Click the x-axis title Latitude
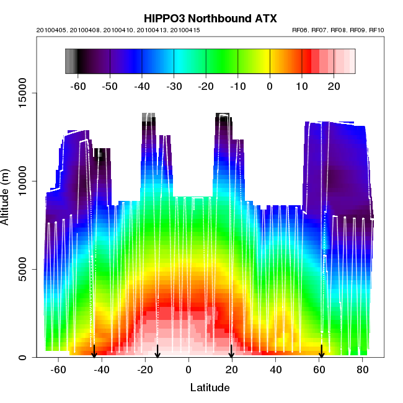pos(210,387)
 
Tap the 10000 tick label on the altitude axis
pos(23,181)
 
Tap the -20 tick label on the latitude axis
pos(143,370)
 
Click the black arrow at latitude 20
pos(231,352)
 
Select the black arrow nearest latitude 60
pos(321,352)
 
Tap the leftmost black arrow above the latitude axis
pos(94,352)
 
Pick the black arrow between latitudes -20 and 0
pos(157,352)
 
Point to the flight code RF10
pos(377,30)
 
